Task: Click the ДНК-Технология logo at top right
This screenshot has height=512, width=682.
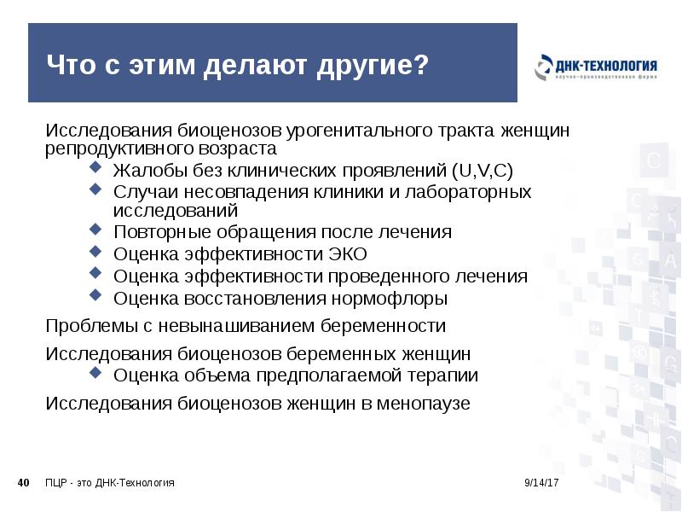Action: click(x=597, y=67)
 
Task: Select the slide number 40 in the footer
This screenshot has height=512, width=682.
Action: click(x=24, y=484)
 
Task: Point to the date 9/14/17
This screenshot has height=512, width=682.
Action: click(x=540, y=484)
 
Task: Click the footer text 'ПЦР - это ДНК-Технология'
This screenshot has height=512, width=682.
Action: click(x=110, y=484)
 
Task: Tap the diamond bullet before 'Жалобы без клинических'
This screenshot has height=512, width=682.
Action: click(x=95, y=168)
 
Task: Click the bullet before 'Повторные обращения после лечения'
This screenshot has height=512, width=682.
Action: click(x=95, y=230)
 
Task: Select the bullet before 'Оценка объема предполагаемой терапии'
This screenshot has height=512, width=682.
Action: click(x=95, y=374)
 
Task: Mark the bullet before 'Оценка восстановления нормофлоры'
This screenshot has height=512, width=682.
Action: click(x=95, y=298)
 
